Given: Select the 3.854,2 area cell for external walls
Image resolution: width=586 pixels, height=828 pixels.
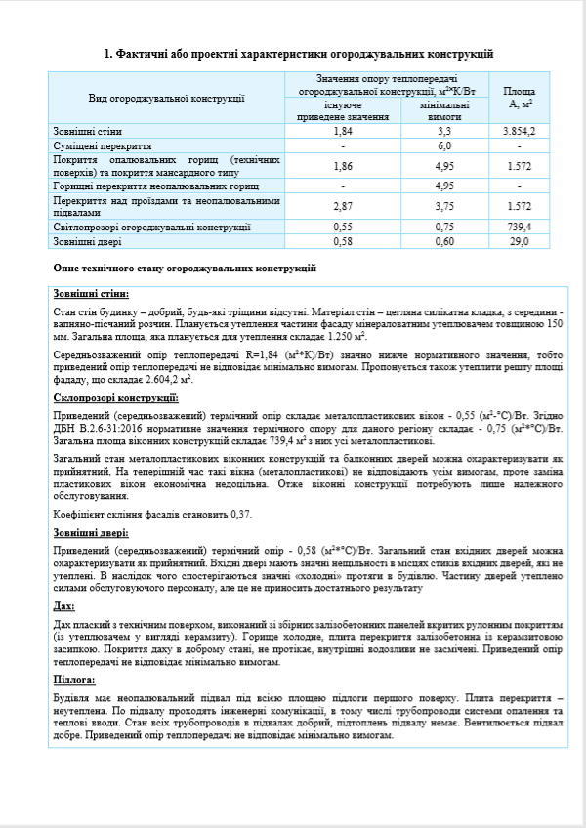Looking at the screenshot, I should click(x=519, y=130).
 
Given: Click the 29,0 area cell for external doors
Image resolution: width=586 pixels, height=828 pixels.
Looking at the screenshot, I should click(x=519, y=240).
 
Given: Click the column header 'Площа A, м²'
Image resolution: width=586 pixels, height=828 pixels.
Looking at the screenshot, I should click(x=519, y=97).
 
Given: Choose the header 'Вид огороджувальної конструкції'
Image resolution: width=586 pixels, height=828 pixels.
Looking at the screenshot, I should click(x=166, y=98).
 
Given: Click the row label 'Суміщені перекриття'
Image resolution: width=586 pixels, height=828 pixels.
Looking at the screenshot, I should click(x=97, y=145).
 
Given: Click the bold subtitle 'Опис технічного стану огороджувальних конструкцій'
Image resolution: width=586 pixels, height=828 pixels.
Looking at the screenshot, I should click(x=185, y=268).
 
